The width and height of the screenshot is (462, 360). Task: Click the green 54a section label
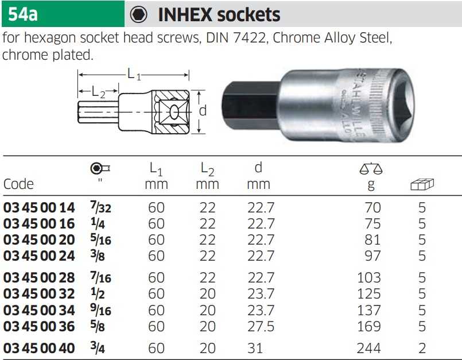[x=63, y=14]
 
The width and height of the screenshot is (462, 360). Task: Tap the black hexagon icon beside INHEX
[x=138, y=14]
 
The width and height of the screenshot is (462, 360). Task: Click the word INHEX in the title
[x=185, y=15]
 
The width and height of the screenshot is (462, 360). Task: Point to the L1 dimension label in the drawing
[x=134, y=74]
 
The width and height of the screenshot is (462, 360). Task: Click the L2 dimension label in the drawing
[x=98, y=92]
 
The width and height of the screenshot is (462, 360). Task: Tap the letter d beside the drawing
[x=203, y=111]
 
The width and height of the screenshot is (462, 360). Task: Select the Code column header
[x=18, y=184]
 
